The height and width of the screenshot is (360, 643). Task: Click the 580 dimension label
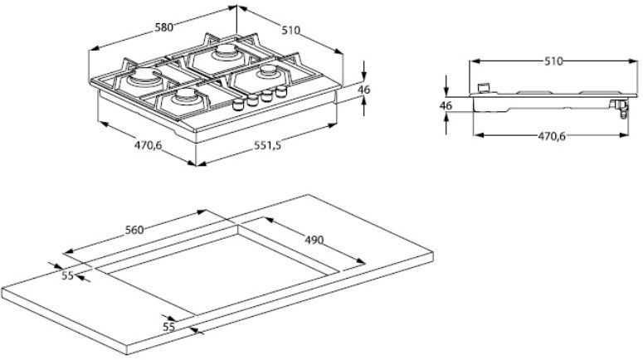pos(163,27)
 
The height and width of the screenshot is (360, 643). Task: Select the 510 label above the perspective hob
pos(290,31)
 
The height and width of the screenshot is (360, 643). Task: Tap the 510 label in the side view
pos(553,61)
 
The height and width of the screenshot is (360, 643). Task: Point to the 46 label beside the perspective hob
pos(363,89)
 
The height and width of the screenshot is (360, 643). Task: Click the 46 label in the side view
pos(446,105)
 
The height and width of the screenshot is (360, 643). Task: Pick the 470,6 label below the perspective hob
pos(148,145)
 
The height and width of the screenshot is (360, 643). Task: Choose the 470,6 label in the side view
pos(552,136)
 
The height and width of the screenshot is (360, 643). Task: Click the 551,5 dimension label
pos(267,145)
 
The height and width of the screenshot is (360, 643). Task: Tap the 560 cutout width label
pos(134,230)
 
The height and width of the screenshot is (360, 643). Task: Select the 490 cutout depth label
pos(314,240)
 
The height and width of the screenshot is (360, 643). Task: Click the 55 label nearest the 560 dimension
pos(68,275)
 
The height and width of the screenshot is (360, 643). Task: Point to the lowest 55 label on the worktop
pos(169,326)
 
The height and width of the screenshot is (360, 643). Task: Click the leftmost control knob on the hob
pos(238,105)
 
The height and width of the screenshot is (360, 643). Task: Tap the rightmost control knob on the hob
pos(281,90)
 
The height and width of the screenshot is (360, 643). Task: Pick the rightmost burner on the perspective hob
pos(269,72)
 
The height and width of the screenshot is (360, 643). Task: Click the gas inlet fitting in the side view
pos(620,108)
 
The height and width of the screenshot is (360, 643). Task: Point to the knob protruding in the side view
pos(485,88)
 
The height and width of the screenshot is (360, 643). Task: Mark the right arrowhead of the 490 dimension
pos(361,260)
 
